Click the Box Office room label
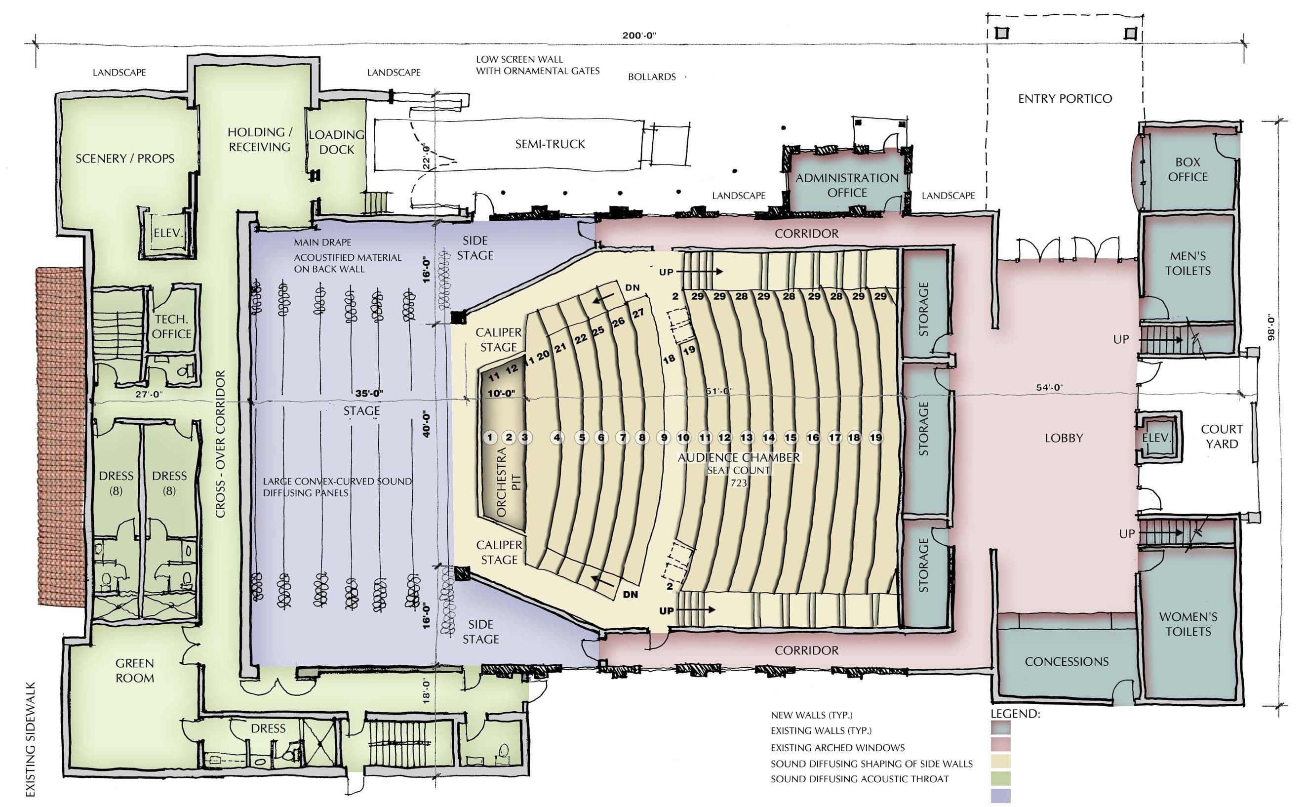[1187, 169]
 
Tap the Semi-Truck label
[550, 144]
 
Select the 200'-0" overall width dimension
[638, 36]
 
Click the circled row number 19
[875, 438]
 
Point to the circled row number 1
[490, 438]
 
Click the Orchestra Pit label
[509, 482]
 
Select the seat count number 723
[739, 483]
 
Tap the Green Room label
[134, 670]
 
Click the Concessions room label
[1067, 662]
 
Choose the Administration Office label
[847, 185]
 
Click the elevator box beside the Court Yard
[1156, 438]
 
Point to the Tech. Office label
[171, 326]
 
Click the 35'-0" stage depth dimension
[369, 393]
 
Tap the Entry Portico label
[1065, 99]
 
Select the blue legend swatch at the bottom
[1000, 796]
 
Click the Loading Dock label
[336, 142]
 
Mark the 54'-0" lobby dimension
[1049, 388]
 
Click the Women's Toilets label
[1188, 624]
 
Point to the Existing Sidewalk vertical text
[31, 739]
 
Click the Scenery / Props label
[125, 159]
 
